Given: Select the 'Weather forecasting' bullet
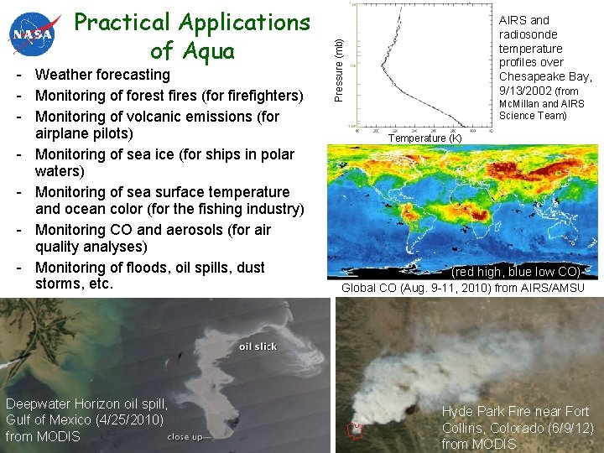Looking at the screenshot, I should pos(102,75).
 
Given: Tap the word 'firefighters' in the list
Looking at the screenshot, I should pos(258,96).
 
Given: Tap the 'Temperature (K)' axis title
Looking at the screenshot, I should pos(424,138).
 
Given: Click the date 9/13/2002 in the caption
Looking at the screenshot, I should pos(526,91).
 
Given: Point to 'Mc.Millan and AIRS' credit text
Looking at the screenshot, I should pos(542,104).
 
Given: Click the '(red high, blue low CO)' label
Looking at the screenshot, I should pos(516,273).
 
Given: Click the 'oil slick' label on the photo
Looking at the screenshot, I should pos(258,346).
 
